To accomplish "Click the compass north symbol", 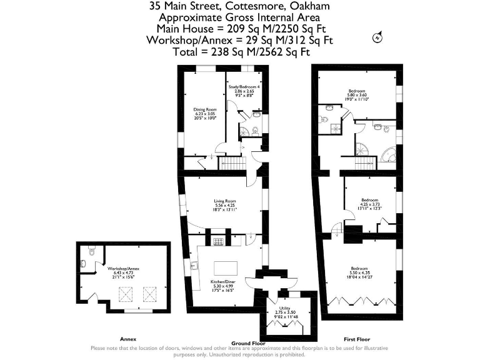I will pyautogui.click(x=377, y=37).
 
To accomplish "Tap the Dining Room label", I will pyautogui.click(x=204, y=113).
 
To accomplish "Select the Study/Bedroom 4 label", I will pyautogui.click(x=244, y=91).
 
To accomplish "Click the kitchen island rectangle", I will pyautogui.click(x=225, y=267).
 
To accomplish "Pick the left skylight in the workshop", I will pyautogui.click(x=124, y=292).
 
